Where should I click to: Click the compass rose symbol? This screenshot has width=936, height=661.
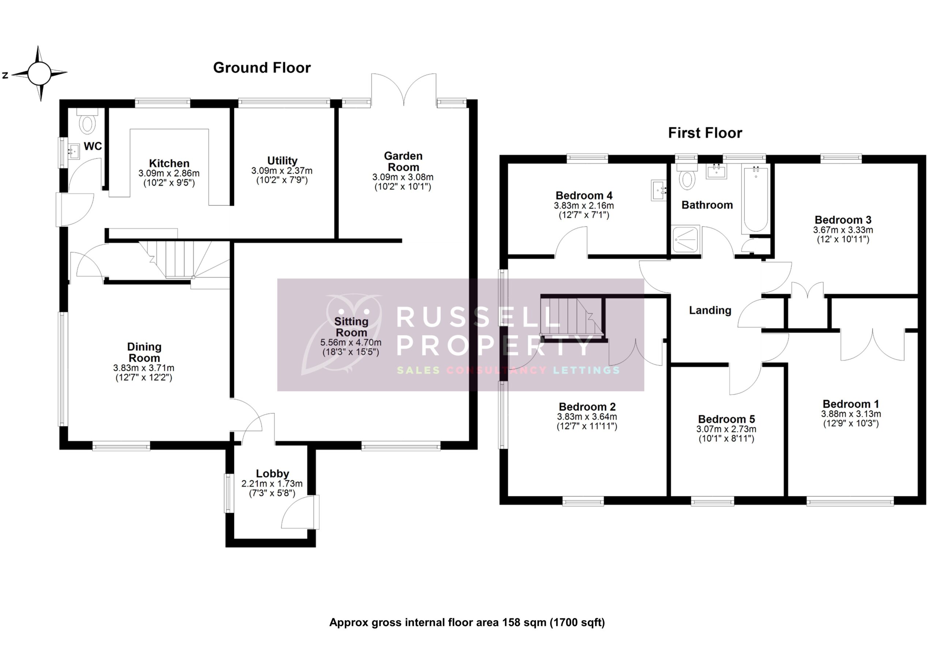(39, 74)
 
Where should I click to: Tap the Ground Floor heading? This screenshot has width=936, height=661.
(262, 68)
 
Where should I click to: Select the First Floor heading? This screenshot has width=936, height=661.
(705, 133)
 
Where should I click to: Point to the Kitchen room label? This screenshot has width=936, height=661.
(169, 163)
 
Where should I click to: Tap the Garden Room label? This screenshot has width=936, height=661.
(403, 161)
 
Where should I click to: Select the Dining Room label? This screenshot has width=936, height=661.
(144, 352)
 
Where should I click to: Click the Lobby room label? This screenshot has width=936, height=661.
(272, 474)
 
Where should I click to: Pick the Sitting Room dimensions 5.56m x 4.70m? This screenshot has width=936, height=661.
(351, 343)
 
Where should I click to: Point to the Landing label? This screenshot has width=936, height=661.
(710, 310)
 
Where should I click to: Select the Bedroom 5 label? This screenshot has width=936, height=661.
(726, 419)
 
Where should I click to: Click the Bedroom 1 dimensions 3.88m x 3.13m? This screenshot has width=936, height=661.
(850, 414)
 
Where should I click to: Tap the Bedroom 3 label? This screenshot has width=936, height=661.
(843, 220)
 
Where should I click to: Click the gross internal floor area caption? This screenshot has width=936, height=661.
(467, 622)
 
